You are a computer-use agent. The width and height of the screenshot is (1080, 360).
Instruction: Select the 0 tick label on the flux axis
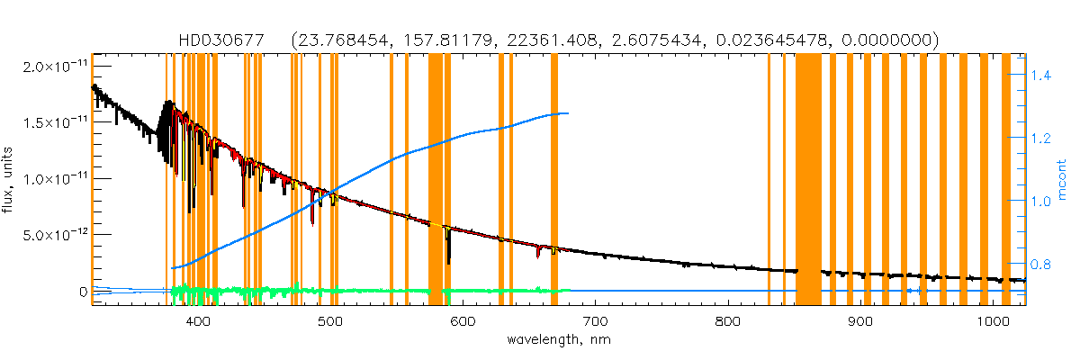tap(83, 292)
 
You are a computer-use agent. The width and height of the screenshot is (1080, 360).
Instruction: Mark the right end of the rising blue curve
tap(567, 113)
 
